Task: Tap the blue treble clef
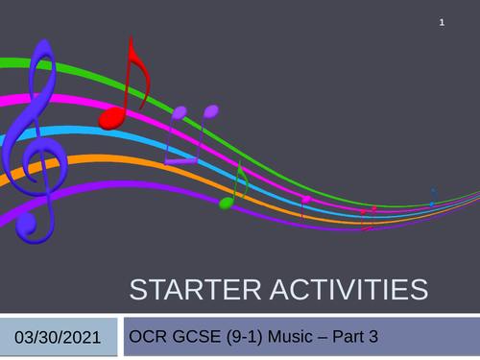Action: [x=38, y=134]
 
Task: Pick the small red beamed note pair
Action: [x=369, y=214]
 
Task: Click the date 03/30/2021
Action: [x=60, y=337]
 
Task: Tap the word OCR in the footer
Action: [x=152, y=336]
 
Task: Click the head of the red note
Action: [x=111, y=117]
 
